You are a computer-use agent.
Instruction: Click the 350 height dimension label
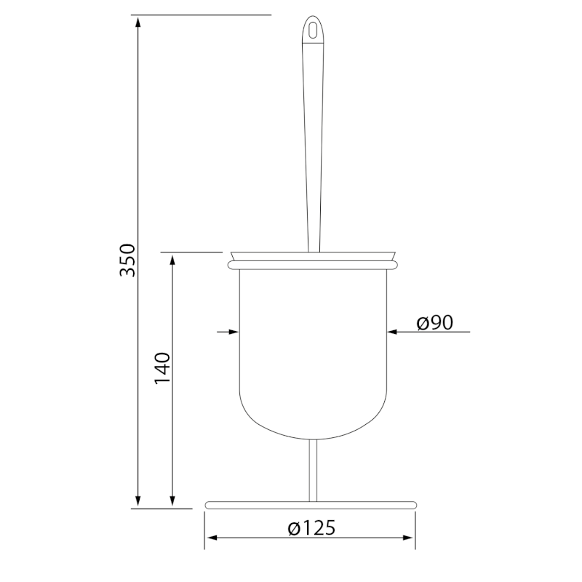tap(128, 260)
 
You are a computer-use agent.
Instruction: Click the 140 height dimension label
tap(162, 369)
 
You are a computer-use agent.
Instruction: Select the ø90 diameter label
tap(435, 323)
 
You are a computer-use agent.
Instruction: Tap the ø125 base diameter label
tap(311, 528)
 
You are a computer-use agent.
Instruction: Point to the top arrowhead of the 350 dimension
tap(138, 20)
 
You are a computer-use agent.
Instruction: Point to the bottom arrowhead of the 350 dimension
tap(138, 501)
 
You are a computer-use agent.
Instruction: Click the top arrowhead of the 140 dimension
tap(172, 260)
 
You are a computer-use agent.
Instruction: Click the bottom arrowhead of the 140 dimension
tap(172, 501)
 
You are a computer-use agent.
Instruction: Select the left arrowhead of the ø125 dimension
tap(212, 539)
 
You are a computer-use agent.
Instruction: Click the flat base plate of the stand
tap(311, 504)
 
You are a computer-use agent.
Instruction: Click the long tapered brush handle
tap(314, 145)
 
